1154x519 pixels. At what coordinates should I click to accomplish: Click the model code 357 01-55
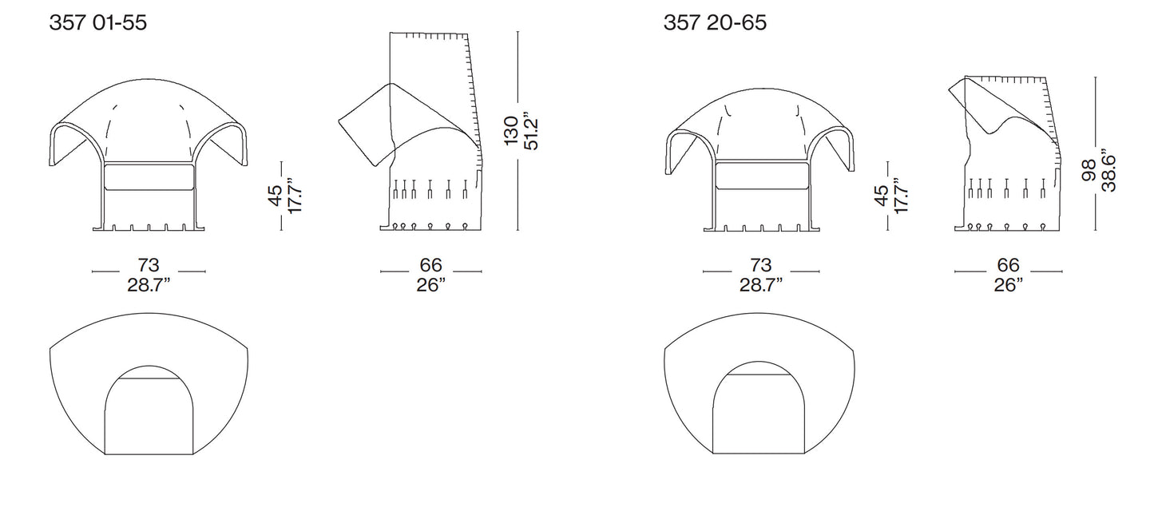pyautogui.click(x=98, y=22)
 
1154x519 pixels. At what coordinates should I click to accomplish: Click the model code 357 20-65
pyautogui.click(x=715, y=22)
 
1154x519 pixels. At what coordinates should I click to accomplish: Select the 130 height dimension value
pyautogui.click(x=510, y=131)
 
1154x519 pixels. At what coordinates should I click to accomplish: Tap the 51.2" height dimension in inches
pyautogui.click(x=530, y=131)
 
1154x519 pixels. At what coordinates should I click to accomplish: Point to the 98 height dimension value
pyautogui.click(x=1089, y=170)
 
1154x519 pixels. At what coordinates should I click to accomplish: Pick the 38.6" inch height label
pyautogui.click(x=1108, y=170)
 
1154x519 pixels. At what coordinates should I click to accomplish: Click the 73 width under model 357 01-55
pyautogui.click(x=149, y=264)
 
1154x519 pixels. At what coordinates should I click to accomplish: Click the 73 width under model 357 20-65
pyautogui.click(x=760, y=264)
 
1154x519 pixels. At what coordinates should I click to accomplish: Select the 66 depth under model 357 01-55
pyautogui.click(x=430, y=264)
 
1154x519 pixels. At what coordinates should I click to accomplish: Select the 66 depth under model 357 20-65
pyautogui.click(x=1008, y=264)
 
